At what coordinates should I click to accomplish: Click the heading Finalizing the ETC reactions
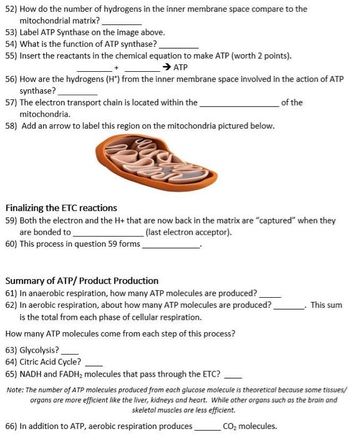61,208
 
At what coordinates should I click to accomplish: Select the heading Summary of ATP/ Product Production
82,280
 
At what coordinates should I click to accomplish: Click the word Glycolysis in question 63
39,350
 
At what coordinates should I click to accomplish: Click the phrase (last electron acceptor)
188,232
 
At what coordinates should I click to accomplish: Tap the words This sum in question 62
326,305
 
